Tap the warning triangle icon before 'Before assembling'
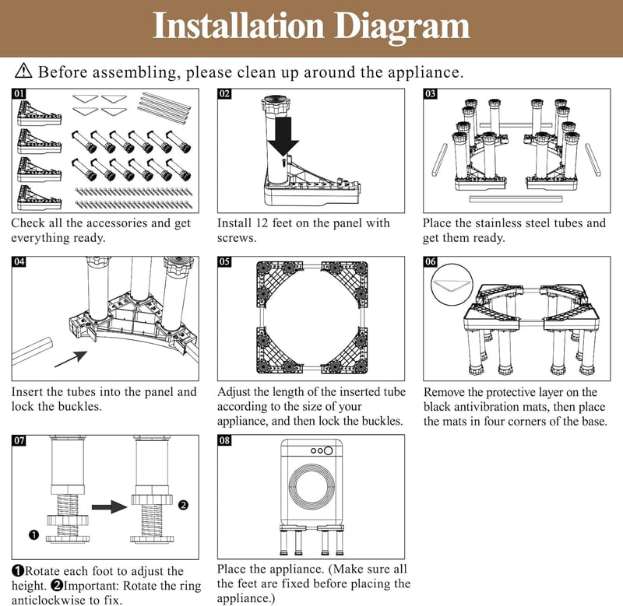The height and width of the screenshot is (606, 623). [23, 71]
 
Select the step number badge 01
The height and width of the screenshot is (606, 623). [19, 93]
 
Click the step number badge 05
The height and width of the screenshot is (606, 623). [224, 261]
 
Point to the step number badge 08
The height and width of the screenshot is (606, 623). [224, 440]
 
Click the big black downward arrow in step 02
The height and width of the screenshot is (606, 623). [283, 135]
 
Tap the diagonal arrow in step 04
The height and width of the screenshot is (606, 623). [71, 359]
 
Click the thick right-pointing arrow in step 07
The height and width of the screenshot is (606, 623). [109, 506]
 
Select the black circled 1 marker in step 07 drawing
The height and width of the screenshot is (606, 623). [34, 534]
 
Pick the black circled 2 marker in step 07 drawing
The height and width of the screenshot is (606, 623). [183, 505]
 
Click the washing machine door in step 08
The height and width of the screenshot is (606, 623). [311, 487]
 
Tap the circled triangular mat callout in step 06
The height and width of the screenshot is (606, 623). [452, 285]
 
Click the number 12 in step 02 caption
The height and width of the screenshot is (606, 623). [262, 223]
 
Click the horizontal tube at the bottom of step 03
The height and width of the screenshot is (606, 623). [516, 199]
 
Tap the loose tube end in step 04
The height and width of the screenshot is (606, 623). [33, 351]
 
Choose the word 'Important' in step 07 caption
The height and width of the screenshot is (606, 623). [91, 586]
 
